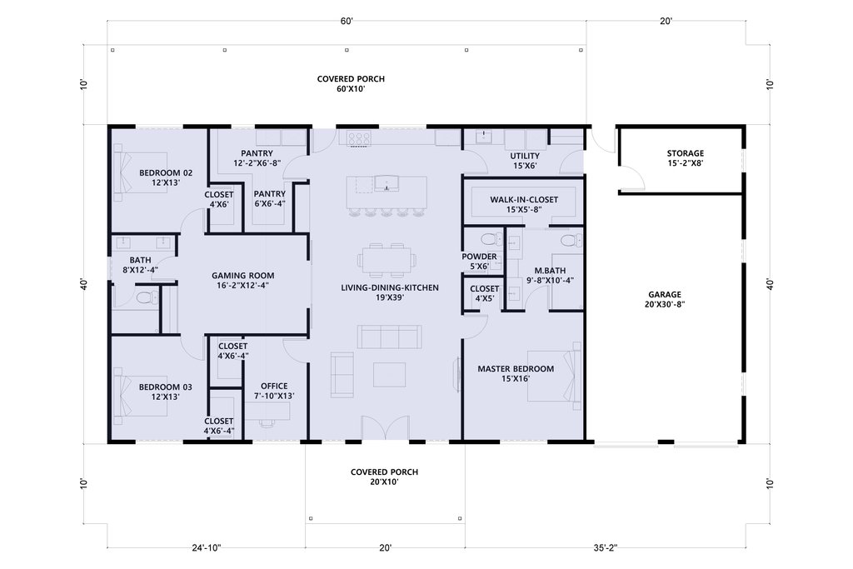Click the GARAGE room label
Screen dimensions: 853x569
[664, 294]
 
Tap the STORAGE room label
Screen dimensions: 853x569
[686, 153]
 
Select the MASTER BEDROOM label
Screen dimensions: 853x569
[516, 369]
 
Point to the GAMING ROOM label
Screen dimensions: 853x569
[242, 275]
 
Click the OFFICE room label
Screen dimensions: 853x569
[274, 387]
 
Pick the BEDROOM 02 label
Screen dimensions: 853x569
[166, 173]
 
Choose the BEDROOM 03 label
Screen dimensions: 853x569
[166, 387]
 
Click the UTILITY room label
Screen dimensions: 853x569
[525, 156]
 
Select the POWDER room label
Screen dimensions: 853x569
[479, 257]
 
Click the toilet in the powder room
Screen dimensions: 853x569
[492, 238]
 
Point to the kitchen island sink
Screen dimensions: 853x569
[387, 184]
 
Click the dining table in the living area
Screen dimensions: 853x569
[387, 258]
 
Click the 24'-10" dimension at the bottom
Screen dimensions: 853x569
[206, 548]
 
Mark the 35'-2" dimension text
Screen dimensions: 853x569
[601, 548]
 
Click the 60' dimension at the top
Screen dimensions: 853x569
[347, 21]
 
